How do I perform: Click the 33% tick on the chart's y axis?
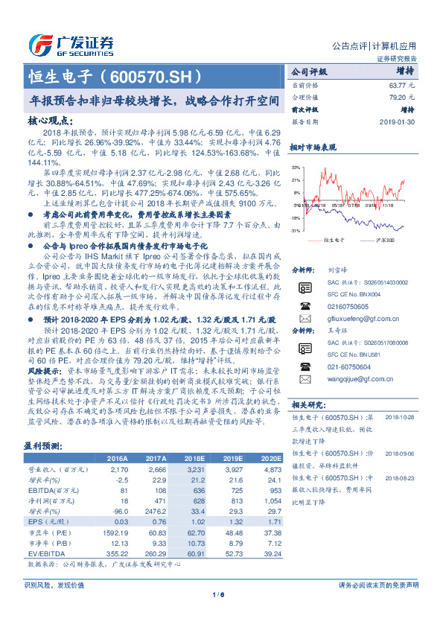[296, 168]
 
